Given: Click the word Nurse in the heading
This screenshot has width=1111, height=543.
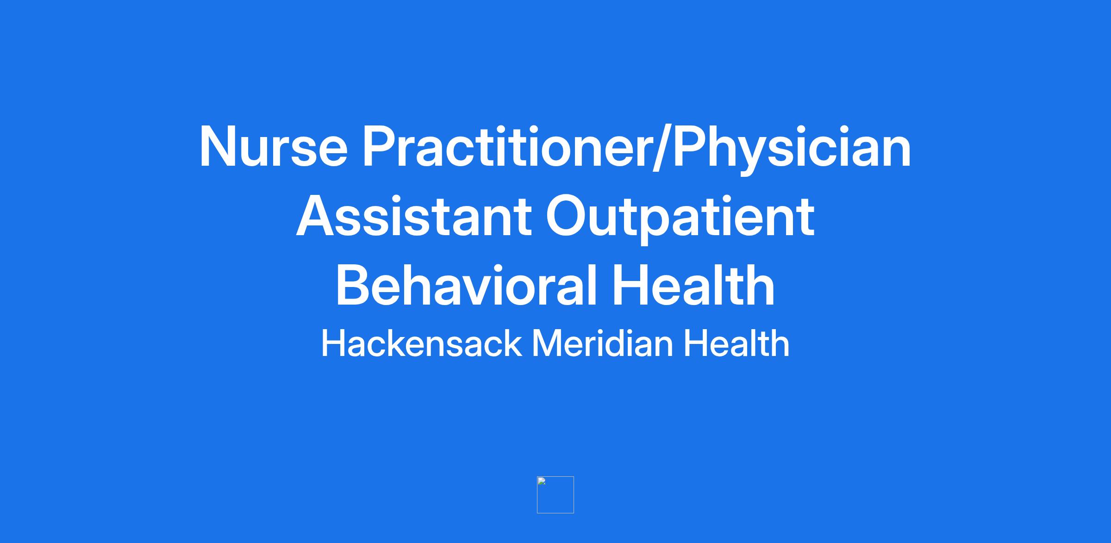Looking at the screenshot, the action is pos(273,146).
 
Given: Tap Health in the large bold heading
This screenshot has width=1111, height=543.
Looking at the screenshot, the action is pos(693,285).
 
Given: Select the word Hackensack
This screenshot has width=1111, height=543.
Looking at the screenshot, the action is pos(421,343).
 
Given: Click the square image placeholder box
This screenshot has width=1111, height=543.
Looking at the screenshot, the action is pos(555,495).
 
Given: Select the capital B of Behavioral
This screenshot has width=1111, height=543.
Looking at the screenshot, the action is pos(354,285).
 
